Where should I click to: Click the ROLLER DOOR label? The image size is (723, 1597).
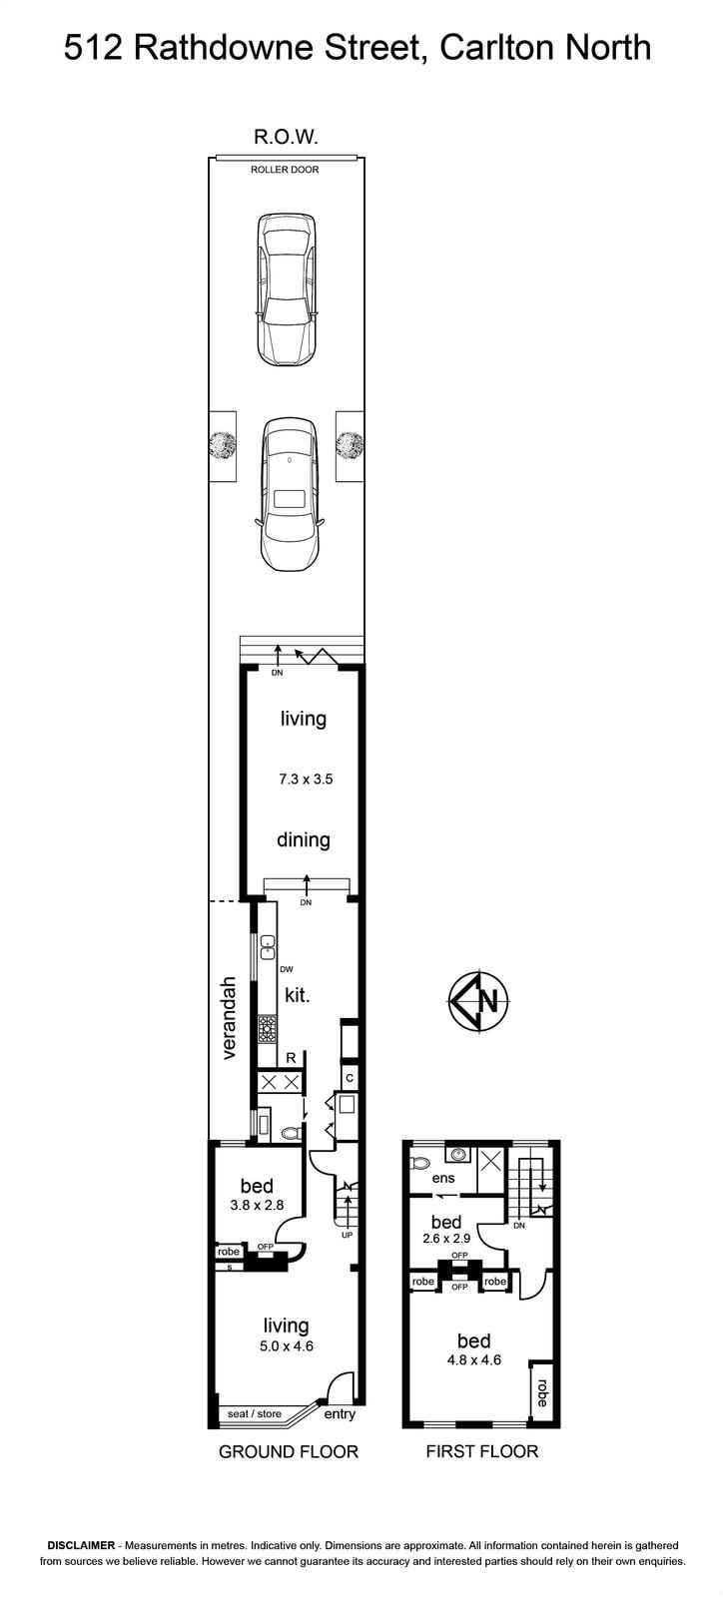(x=285, y=170)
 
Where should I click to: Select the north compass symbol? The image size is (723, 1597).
(x=478, y=1002)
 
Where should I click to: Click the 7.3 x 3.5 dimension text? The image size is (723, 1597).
(x=306, y=779)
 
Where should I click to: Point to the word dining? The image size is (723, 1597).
(x=303, y=839)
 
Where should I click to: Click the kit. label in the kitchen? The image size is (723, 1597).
(x=297, y=994)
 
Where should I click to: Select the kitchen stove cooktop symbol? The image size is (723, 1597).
(x=268, y=1029)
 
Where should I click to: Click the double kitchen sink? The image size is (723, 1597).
(x=268, y=947)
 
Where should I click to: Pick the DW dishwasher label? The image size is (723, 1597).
(x=287, y=969)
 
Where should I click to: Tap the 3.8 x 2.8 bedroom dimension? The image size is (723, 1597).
(x=257, y=1205)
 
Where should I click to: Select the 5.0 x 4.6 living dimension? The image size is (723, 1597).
(x=286, y=1346)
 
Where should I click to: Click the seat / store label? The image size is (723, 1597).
(x=254, y=1413)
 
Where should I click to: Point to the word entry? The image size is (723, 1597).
(x=340, y=1414)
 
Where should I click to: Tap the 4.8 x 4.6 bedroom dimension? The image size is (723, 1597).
(x=474, y=1359)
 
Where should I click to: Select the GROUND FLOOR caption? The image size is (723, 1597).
(x=288, y=1451)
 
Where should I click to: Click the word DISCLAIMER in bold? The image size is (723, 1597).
(x=81, y=1546)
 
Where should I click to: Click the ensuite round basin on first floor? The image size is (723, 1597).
(x=457, y=1153)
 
